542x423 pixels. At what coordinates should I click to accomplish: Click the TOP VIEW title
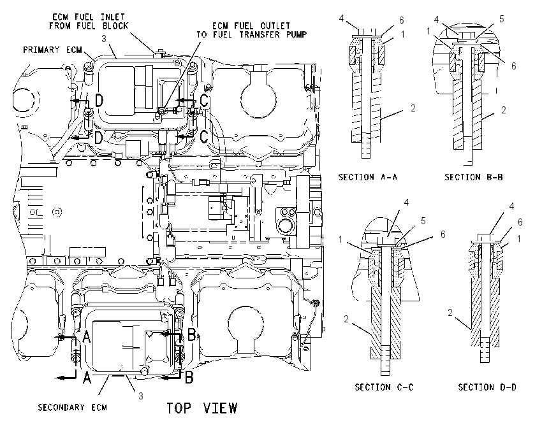tap(202, 408)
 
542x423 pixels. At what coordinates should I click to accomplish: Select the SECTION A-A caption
tap(368, 177)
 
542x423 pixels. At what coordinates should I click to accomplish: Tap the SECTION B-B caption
tap(474, 177)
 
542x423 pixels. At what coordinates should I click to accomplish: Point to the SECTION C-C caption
tap(384, 387)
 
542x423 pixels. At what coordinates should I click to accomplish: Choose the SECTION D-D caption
tap(487, 387)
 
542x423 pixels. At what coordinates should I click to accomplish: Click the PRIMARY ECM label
tap(52, 50)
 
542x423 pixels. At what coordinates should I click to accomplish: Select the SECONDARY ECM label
tap(73, 408)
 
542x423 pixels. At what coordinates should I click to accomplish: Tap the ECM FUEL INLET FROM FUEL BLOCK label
tap(89, 21)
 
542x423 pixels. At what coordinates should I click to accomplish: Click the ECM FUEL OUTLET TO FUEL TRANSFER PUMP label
tap(252, 30)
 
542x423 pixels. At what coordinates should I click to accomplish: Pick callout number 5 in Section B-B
tap(502, 19)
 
